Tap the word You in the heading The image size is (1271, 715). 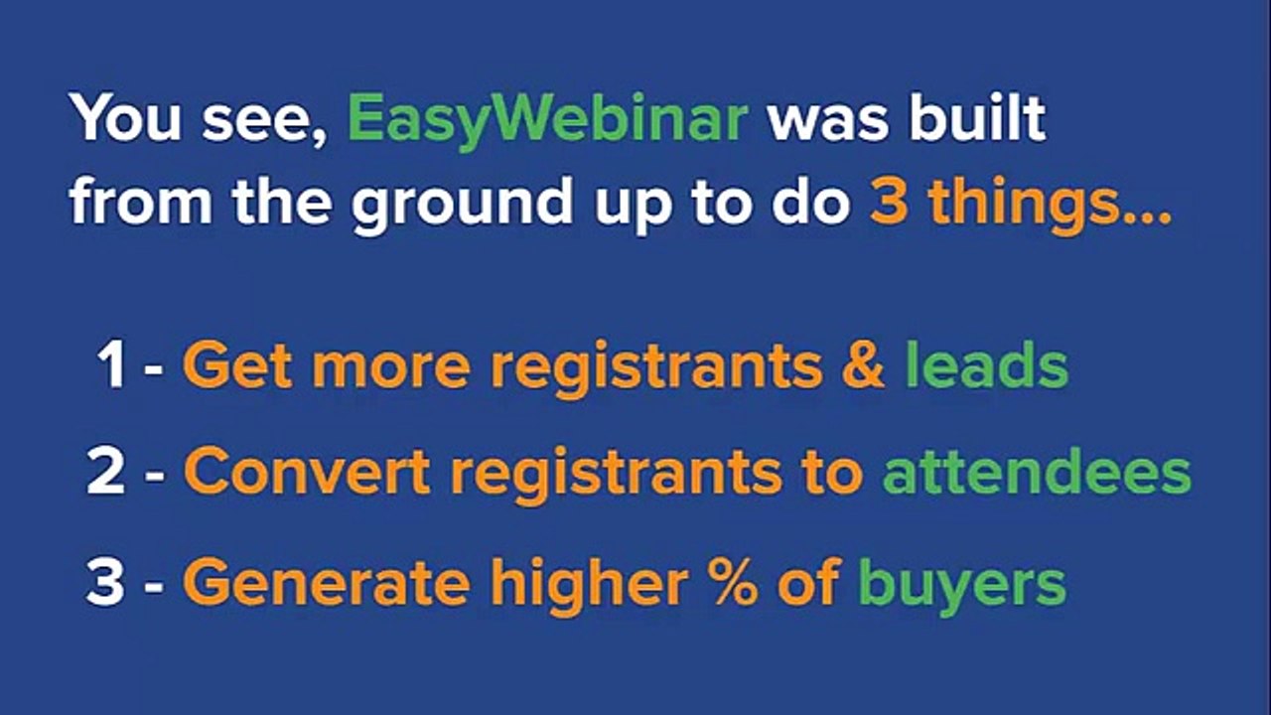pos(125,117)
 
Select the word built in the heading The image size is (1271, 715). pos(977,116)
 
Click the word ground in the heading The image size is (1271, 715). pos(462,205)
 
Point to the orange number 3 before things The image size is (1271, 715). pos(888,202)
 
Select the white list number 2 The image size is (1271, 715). pos(106,472)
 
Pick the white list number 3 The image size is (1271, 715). pos(105,581)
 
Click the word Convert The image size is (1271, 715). pos(307,472)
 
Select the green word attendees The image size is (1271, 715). pos(1037,472)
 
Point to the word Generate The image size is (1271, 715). pos(327,582)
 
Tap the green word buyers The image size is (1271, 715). pos(963,586)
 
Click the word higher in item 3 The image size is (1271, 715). pos(590,586)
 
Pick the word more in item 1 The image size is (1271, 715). pos(391,367)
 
